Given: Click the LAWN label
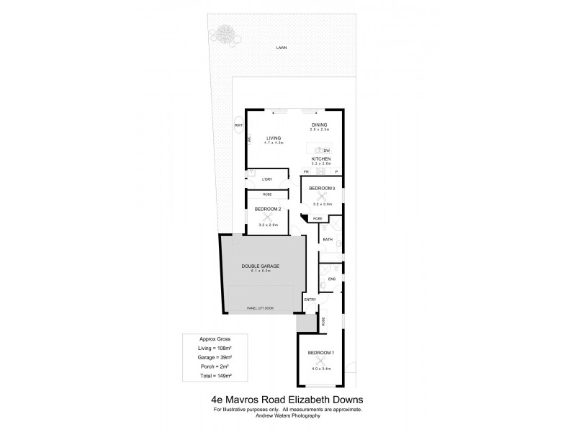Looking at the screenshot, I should click(281, 48).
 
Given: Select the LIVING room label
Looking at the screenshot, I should click(274, 138).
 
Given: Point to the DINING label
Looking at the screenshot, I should click(320, 125).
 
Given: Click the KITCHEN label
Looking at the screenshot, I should click(320, 158).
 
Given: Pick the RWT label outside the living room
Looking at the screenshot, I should click(238, 127).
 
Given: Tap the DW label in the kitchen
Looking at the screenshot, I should click(325, 149).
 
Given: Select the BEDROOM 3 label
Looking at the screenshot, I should click(322, 188).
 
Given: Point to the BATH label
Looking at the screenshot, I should click(327, 239).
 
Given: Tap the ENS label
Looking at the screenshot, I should click(331, 278).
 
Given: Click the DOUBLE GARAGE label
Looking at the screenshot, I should click(260, 266).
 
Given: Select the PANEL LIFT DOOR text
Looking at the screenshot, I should click(260, 307).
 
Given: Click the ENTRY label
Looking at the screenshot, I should click(310, 300).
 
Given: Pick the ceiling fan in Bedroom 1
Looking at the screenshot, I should click(320, 360).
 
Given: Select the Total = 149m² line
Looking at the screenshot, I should click(214, 375).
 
